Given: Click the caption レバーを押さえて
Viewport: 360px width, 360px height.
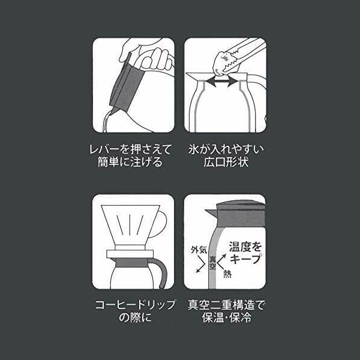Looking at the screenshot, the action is pos(131,149).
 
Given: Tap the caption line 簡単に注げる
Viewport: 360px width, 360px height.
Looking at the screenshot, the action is pos(130,162).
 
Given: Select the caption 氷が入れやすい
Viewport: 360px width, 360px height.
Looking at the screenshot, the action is pos(226,149).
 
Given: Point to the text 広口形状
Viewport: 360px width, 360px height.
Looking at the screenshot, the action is pos(226,162).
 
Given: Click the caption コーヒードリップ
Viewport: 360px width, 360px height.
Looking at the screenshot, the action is pos(135,305).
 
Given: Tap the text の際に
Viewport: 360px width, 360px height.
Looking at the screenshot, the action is pos(135,317).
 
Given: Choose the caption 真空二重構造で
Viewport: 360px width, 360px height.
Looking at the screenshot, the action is pos(226,305).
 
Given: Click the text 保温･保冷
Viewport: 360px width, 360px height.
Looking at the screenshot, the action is pos(227,317).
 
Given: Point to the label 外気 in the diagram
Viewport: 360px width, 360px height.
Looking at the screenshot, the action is pos(199,250).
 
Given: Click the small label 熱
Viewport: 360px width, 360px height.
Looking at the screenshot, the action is pos(227,274).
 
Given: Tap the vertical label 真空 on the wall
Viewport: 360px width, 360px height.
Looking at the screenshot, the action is pos(212,263).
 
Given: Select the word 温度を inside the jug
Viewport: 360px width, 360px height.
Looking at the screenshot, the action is pos(245,247).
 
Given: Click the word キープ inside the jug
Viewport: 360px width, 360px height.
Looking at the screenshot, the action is pos(245,259).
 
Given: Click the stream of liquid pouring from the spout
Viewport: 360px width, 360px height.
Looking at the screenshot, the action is pos(107,122).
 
